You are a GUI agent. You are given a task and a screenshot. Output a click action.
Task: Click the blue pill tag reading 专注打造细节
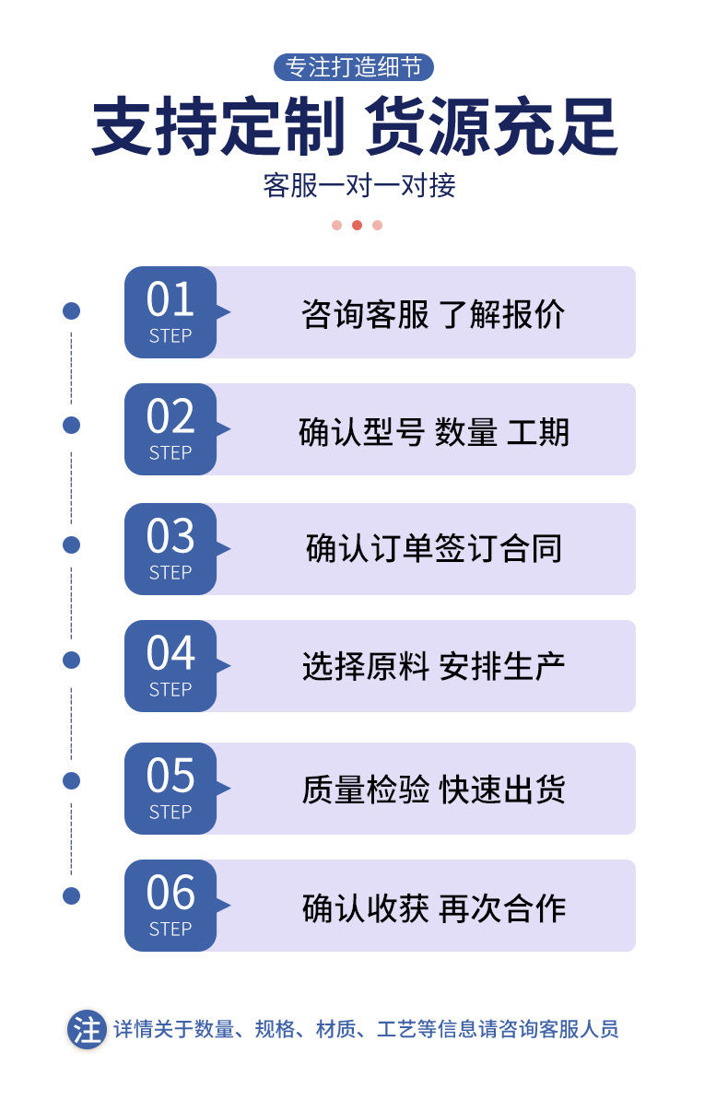(x=353, y=67)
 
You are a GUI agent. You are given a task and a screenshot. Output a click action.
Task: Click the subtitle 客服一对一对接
(x=358, y=185)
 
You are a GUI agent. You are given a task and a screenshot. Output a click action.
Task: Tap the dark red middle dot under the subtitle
(x=357, y=225)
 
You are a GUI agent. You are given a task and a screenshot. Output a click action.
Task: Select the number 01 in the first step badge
(x=170, y=299)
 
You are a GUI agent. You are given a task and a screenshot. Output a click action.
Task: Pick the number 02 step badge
(x=170, y=429)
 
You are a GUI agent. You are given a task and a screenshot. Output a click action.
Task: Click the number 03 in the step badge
(x=170, y=536)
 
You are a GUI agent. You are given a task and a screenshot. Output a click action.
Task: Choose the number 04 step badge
(x=170, y=666)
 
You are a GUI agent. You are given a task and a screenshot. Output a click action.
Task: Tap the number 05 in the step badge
(x=170, y=776)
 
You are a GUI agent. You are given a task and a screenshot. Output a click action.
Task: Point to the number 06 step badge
(x=170, y=905)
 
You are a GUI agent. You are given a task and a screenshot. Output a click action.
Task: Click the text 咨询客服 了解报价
(x=433, y=313)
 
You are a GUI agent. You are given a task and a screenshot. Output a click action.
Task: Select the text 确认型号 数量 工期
(x=433, y=431)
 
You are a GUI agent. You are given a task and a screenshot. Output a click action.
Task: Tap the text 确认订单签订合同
(x=433, y=548)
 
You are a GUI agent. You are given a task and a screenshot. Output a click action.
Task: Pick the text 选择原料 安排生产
(x=433, y=666)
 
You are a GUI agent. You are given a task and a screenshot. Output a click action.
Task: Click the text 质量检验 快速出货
(x=433, y=790)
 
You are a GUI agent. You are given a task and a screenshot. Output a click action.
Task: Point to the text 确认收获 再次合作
(x=433, y=907)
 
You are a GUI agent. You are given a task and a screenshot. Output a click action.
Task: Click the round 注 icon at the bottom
(x=87, y=1030)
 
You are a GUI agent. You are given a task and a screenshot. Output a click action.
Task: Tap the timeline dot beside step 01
(x=71, y=310)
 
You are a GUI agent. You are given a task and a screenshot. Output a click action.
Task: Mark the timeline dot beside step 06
(x=71, y=895)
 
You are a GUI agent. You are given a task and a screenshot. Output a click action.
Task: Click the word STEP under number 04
(x=170, y=690)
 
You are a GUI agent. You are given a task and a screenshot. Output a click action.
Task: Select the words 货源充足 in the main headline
(x=491, y=127)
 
